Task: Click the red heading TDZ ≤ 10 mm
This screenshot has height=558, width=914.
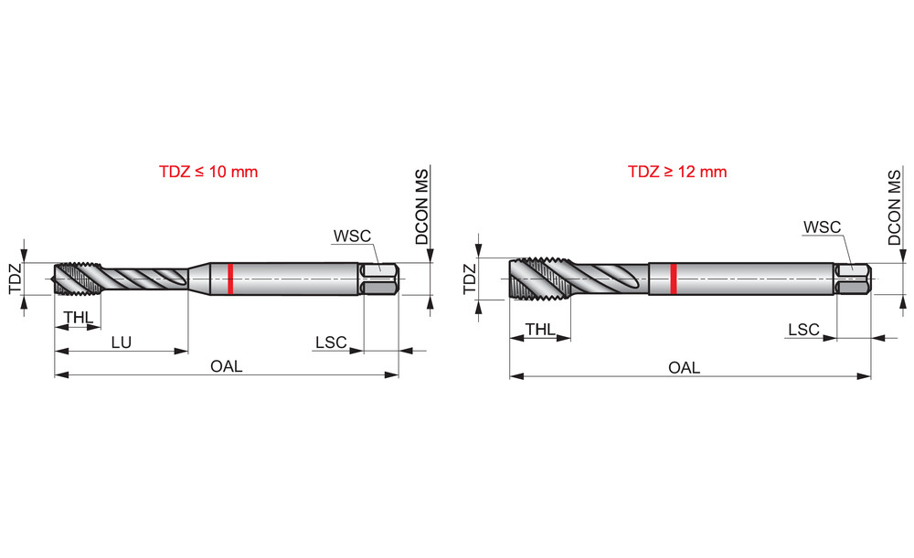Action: tap(208, 172)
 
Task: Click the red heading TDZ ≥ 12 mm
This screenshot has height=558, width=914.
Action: tap(677, 172)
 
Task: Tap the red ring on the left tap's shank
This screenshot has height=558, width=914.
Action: tap(231, 279)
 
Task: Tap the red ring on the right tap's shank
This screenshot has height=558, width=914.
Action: tap(674, 279)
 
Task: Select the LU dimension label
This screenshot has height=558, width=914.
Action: tap(122, 342)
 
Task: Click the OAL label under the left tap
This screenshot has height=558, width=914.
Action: tap(226, 366)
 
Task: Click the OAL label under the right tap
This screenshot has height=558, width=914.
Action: tap(684, 367)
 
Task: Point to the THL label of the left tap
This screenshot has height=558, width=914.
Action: tap(79, 318)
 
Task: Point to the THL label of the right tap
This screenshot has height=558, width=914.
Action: tap(540, 330)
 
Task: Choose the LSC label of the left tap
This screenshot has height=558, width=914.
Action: tap(331, 342)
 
